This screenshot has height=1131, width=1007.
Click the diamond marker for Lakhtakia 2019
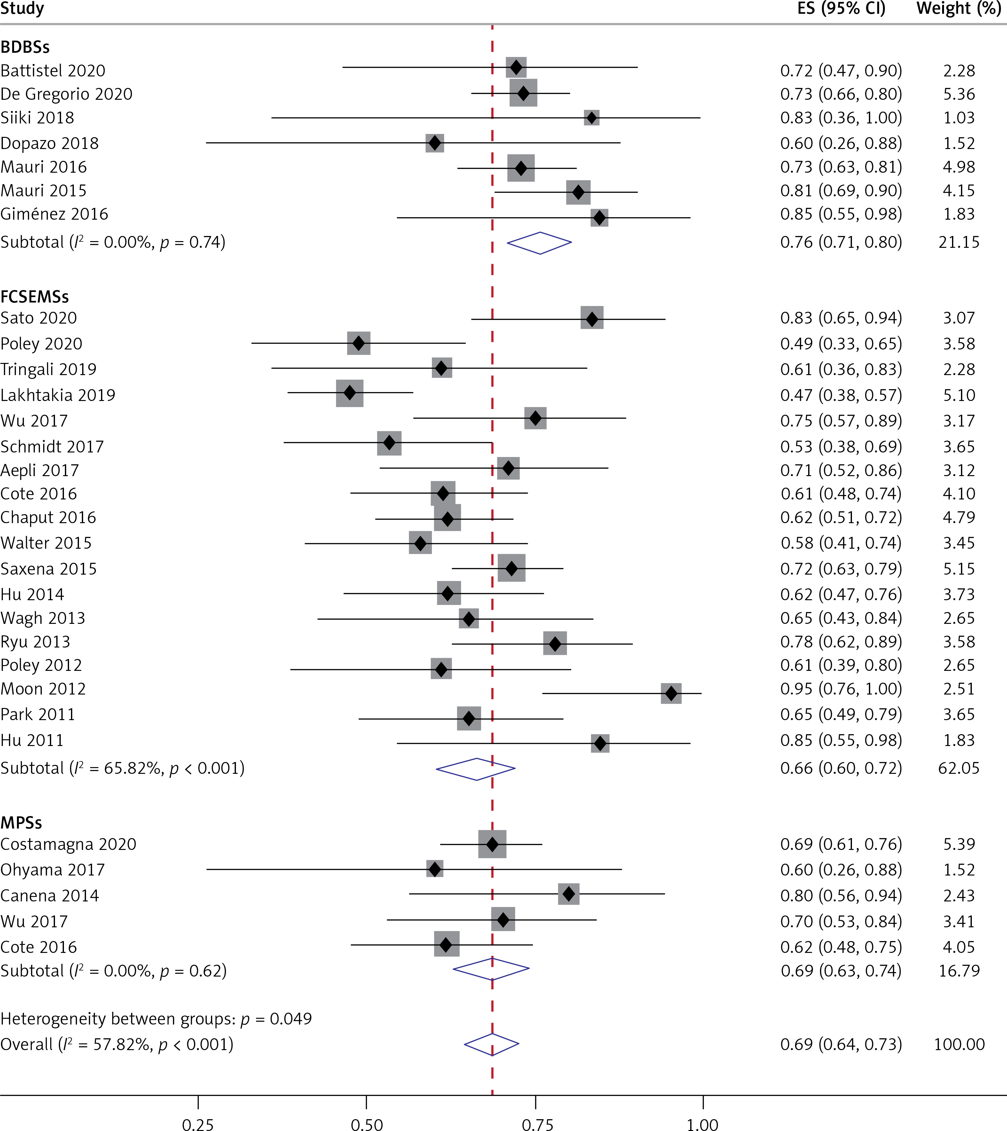[350, 393]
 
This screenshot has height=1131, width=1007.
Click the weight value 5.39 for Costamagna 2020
[959, 844]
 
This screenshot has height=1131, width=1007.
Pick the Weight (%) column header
[958, 9]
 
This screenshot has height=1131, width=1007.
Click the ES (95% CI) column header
[841, 9]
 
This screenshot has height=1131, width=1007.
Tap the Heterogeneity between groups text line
[156, 1019]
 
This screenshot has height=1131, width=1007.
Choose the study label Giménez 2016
[54, 214]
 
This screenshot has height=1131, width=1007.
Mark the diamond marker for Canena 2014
[569, 894]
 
